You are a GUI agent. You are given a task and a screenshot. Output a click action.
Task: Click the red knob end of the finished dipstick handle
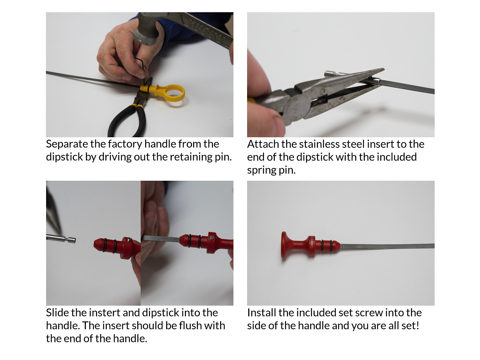click(284, 245)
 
